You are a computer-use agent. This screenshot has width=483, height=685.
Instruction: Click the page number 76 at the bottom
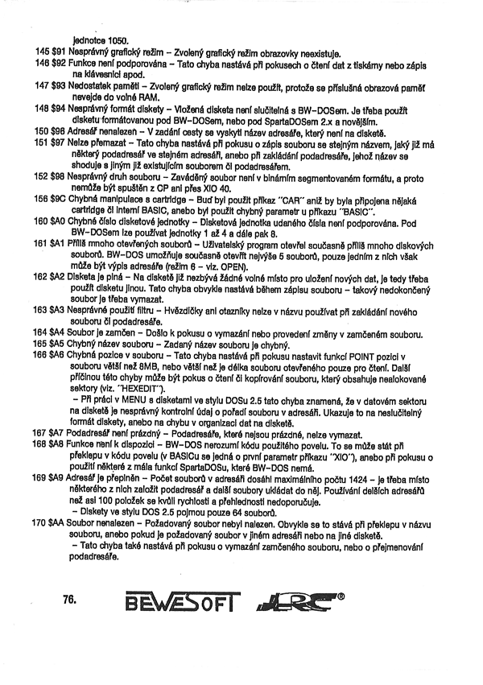click(x=68, y=599)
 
